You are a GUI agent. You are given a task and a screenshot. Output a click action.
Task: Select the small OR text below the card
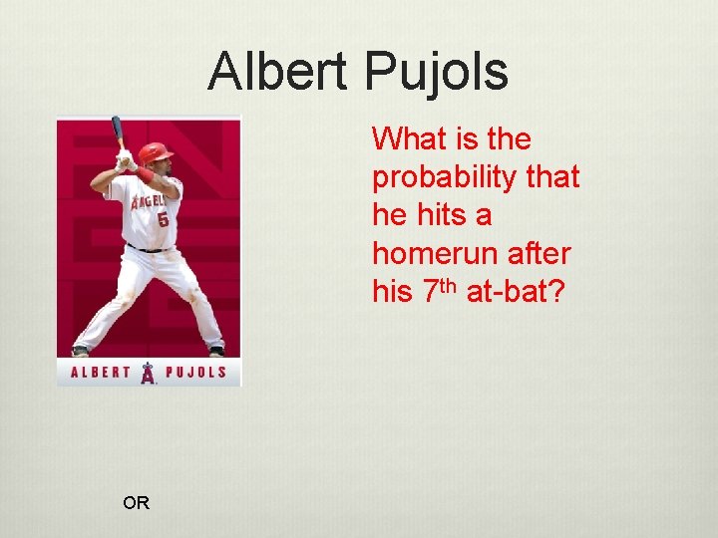[x=136, y=503]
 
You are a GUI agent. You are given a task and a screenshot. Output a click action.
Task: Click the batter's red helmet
[x=154, y=152]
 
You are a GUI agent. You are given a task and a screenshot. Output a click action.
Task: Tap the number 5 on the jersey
[x=162, y=218]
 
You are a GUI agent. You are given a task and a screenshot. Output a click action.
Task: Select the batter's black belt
[x=150, y=248]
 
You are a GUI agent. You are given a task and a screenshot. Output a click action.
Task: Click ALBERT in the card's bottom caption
[x=101, y=374]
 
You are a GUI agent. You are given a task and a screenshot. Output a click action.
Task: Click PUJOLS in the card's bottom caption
[x=195, y=374]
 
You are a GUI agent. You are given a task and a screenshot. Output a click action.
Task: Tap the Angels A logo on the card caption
[x=148, y=373]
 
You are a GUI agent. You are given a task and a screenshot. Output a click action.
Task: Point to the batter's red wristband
[x=146, y=175]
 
